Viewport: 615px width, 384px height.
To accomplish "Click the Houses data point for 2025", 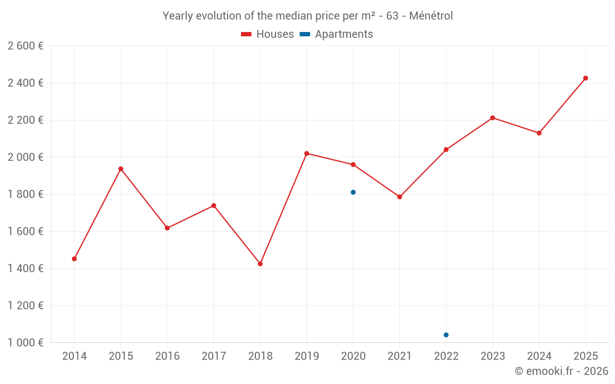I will click(x=585, y=78).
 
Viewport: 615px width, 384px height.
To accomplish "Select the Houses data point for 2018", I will click(x=260, y=264).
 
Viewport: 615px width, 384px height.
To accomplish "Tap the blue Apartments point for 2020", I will click(x=353, y=192).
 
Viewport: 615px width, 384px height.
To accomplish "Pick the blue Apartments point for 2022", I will click(x=446, y=335).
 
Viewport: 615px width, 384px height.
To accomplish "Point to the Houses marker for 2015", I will click(x=121, y=169).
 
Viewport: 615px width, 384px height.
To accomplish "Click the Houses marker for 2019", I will click(x=307, y=154).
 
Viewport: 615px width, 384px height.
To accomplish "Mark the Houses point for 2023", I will click(x=493, y=118).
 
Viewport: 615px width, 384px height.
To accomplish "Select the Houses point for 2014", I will click(x=74, y=259).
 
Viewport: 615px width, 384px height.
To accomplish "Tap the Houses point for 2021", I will click(x=400, y=197).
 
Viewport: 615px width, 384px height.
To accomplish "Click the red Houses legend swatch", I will click(x=247, y=34).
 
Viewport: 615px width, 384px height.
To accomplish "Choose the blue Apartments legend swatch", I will click(x=304, y=34).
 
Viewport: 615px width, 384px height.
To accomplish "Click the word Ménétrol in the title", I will click(x=430, y=16).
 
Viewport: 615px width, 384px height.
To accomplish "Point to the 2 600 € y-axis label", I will click(x=25, y=46).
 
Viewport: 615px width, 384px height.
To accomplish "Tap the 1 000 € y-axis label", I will click(x=25, y=343).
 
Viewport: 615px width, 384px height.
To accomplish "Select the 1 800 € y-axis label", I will click(x=25, y=194).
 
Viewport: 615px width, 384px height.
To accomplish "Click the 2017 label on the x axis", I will click(x=213, y=356).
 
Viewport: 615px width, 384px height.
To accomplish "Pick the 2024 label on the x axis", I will click(x=539, y=356).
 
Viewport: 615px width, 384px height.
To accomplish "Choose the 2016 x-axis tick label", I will click(x=167, y=356).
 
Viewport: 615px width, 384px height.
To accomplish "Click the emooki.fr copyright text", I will click(x=561, y=371).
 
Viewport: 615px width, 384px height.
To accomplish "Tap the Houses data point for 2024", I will click(x=539, y=133).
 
